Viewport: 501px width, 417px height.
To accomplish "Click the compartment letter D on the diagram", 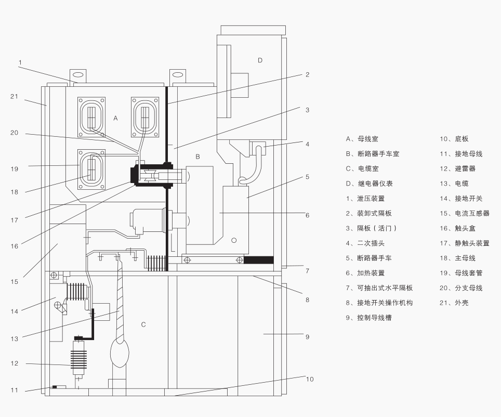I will (x=260, y=60).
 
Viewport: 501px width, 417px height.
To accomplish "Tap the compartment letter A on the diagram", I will (x=115, y=119).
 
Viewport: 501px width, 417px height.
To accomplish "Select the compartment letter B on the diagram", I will (x=197, y=157).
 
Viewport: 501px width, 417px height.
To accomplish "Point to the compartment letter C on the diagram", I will (x=143, y=324).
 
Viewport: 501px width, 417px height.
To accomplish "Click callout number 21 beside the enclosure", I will (x=14, y=96).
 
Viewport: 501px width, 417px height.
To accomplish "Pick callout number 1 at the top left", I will (x=20, y=62).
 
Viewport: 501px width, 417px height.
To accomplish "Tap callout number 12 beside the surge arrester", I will (x=14, y=363).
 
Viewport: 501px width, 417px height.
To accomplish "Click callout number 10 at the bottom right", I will (x=310, y=379).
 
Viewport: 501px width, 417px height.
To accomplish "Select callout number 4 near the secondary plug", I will (x=307, y=144).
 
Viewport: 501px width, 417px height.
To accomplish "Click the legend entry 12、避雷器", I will (x=457, y=168).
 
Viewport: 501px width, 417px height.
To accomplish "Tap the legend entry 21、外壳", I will (x=454, y=303).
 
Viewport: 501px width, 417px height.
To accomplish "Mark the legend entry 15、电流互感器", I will (x=464, y=213).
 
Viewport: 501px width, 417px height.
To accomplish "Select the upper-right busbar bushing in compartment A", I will (x=144, y=116).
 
